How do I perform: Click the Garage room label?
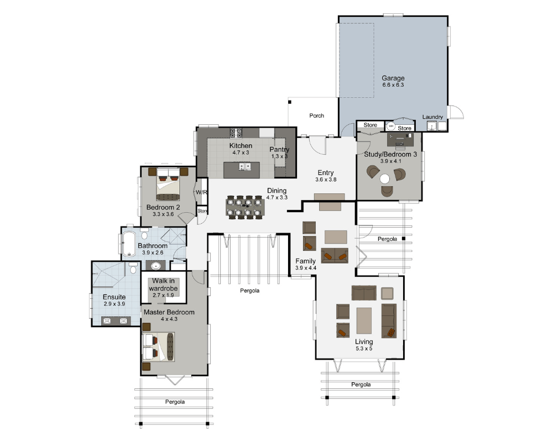point(393,78)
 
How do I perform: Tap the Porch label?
point(317,115)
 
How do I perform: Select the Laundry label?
point(432,117)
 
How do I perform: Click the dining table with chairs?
point(245,207)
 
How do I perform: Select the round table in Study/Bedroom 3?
point(385,178)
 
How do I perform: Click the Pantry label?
point(279,150)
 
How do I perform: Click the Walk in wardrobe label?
point(163,284)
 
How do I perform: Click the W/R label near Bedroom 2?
point(201,192)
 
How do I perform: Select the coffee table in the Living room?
point(364,320)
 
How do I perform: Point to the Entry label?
point(326,172)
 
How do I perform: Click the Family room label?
point(305,261)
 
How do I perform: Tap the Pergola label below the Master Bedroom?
point(175,402)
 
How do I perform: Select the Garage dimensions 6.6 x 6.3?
point(393,85)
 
